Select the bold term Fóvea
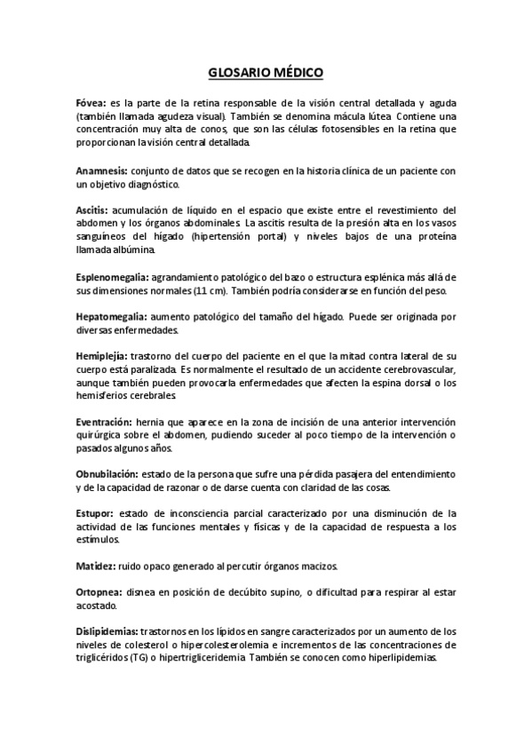pyautogui.click(x=91, y=104)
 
